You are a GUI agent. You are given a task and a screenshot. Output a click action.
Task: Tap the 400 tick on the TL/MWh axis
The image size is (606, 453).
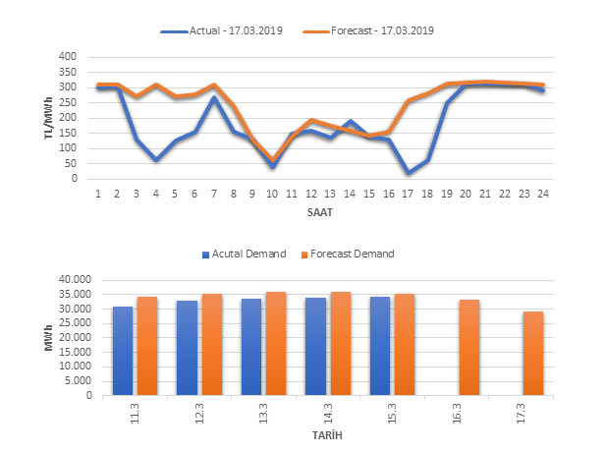tap(66, 57)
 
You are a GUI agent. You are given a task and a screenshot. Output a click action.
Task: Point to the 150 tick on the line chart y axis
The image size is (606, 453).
tap(66, 133)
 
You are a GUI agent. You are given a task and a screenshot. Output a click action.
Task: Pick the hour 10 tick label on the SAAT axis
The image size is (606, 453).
tap(272, 194)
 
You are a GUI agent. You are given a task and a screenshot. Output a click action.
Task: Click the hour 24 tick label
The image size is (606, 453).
tap(543, 194)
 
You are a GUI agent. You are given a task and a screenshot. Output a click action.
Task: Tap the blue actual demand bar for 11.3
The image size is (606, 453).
tap(123, 351)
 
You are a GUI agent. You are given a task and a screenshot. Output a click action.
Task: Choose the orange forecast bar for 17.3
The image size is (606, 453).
tap(533, 354)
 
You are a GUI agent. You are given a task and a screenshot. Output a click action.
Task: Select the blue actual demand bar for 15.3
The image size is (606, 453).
tap(379, 346)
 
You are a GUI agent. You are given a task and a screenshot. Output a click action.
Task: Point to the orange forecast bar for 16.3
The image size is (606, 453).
tap(468, 348)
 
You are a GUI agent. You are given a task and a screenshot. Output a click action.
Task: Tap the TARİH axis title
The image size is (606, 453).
tap(326, 435)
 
